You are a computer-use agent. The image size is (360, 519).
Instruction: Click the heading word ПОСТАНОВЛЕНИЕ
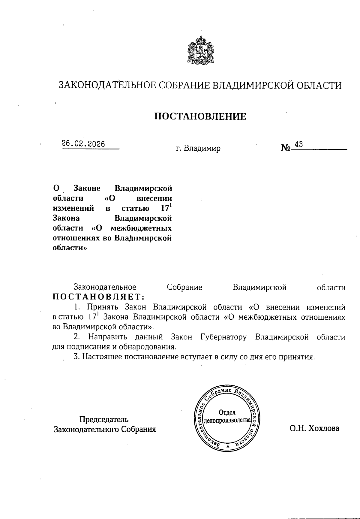[x=200, y=116]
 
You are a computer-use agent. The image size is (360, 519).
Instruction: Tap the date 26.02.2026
[x=83, y=144]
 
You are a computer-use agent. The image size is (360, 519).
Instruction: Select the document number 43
[x=299, y=144]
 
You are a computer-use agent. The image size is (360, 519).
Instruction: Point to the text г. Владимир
[x=198, y=148]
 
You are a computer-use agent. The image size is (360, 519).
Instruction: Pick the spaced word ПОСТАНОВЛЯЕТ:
[x=99, y=297]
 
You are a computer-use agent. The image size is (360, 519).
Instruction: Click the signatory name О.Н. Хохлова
[x=314, y=428]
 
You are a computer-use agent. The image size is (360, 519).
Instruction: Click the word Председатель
[x=104, y=419]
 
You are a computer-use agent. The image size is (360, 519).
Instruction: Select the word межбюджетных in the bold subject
[x=141, y=228]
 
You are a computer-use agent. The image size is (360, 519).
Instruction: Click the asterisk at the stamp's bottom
[x=228, y=447]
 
